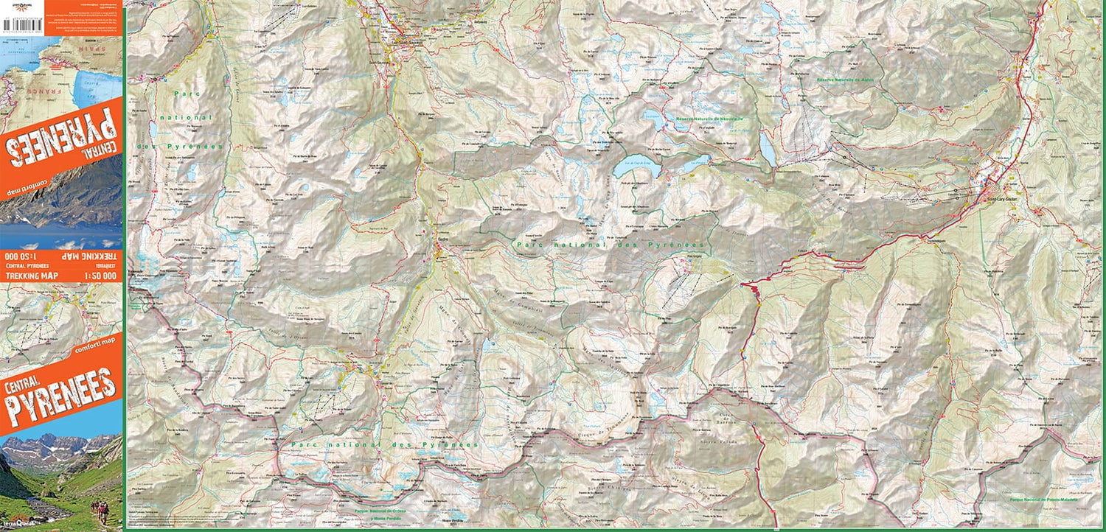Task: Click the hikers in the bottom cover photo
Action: tap(99, 508)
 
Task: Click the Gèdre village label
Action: tap(442, 240)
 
